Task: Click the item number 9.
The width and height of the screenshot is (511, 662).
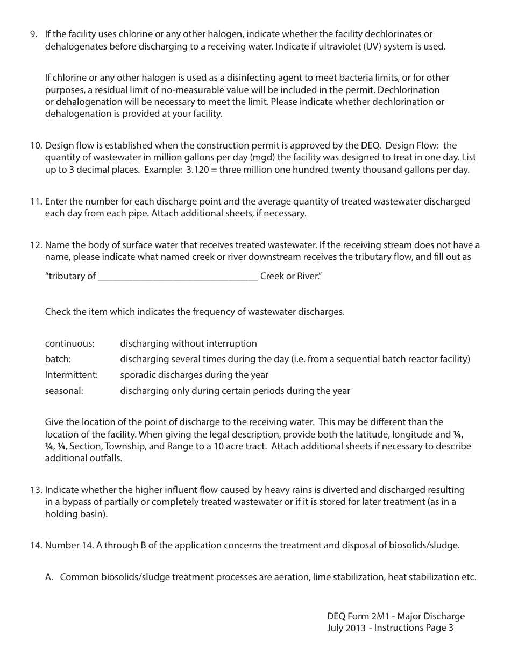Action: tap(33, 34)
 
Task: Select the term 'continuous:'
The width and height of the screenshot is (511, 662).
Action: tap(69, 343)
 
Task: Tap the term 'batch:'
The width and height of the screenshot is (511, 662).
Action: tap(58, 359)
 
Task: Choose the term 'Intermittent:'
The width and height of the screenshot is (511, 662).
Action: tap(72, 375)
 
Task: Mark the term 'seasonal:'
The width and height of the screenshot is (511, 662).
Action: tap(64, 391)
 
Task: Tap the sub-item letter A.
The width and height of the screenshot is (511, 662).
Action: tap(49, 577)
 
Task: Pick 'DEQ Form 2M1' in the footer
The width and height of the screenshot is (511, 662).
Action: tap(357, 616)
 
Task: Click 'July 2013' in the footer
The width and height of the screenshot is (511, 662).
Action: tap(346, 628)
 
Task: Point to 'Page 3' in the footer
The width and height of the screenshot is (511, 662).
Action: tap(441, 628)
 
